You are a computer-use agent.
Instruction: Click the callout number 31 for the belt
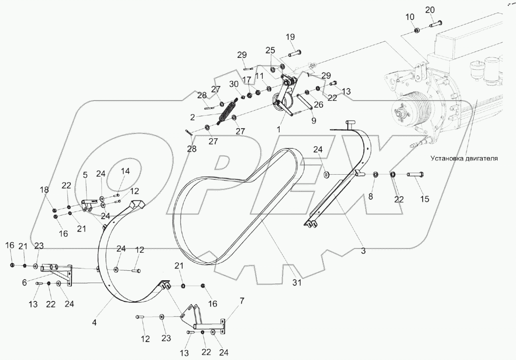point(296,283)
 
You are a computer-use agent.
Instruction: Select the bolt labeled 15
point(415,174)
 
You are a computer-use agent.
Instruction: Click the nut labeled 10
point(416,30)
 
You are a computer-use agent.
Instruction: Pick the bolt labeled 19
point(294,53)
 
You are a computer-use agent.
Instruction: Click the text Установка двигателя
point(464,158)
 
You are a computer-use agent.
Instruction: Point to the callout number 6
point(25,282)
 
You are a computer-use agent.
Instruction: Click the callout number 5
point(85,175)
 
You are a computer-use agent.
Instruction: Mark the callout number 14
point(125,171)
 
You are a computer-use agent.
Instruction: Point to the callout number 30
point(234,84)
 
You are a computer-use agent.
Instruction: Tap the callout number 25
point(271,50)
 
